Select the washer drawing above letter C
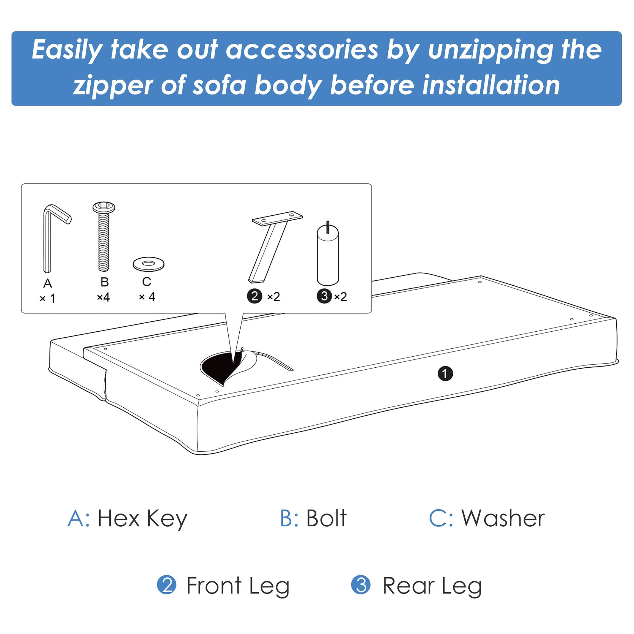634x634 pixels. (x=148, y=264)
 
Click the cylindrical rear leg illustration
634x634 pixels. (x=327, y=256)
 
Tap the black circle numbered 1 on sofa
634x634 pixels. (x=445, y=374)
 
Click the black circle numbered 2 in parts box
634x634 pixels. (x=254, y=296)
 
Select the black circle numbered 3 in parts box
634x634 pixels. (x=324, y=296)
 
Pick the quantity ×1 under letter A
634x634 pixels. (x=48, y=298)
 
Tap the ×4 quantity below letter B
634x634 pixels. (x=103, y=297)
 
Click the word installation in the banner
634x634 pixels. (x=491, y=85)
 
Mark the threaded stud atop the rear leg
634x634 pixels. (x=327, y=227)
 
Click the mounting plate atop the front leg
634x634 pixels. (x=277, y=218)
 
